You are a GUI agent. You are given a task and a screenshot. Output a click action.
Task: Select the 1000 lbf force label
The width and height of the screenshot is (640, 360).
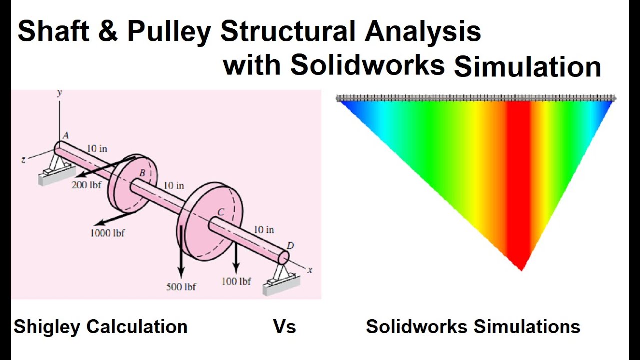pos(107,233)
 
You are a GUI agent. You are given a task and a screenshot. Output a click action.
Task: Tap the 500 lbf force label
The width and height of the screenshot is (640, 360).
pos(181,287)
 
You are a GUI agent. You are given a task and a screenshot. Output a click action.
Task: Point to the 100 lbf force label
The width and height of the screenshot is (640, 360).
pos(236,282)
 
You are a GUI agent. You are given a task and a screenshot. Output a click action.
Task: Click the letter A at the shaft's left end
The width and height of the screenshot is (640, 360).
pos(65,135)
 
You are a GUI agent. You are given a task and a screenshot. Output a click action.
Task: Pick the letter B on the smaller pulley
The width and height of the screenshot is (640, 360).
pos(142,173)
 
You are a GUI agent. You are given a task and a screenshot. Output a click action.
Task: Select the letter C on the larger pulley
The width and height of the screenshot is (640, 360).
pos(220,212)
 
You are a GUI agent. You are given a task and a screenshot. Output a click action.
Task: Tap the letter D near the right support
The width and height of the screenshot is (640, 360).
pos(290,245)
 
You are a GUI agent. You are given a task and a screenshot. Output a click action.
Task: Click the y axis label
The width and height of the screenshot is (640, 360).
pos(59,93)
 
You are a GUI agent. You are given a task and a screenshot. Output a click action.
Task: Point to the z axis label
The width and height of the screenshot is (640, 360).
pos(23,159)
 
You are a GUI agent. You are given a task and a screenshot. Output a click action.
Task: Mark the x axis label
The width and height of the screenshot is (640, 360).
pos(310,270)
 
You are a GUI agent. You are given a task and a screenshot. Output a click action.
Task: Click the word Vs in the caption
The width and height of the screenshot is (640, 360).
pos(284,327)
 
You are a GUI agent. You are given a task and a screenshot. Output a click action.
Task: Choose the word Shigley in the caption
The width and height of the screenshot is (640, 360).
pos(47,327)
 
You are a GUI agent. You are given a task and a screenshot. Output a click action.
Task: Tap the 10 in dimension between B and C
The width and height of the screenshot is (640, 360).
pos(174,186)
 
